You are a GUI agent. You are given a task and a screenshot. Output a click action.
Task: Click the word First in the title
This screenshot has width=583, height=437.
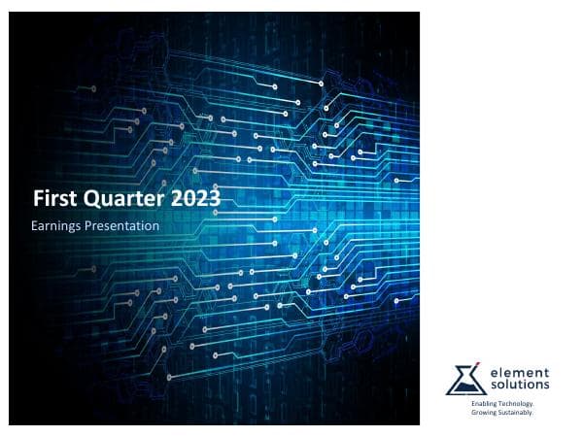(51, 199)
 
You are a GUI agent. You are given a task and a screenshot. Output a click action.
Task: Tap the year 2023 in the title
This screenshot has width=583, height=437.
(194, 199)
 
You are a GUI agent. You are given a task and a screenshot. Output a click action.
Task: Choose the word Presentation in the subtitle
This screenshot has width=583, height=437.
(122, 226)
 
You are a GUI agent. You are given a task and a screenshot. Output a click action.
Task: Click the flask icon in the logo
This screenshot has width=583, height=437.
(465, 380)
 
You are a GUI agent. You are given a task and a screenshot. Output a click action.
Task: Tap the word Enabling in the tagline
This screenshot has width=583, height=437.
(483, 402)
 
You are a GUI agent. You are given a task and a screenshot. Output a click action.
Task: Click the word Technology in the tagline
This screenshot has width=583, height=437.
(516, 402)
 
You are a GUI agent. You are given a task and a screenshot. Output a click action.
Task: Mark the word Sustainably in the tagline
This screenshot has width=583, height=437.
(518, 411)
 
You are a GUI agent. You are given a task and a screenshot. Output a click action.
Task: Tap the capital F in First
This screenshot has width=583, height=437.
(38, 199)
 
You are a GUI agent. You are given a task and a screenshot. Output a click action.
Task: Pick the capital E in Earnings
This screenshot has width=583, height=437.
(36, 226)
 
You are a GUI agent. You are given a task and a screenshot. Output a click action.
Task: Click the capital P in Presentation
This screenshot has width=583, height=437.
(91, 226)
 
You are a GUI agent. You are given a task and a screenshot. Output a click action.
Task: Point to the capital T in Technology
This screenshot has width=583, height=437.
(500, 402)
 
